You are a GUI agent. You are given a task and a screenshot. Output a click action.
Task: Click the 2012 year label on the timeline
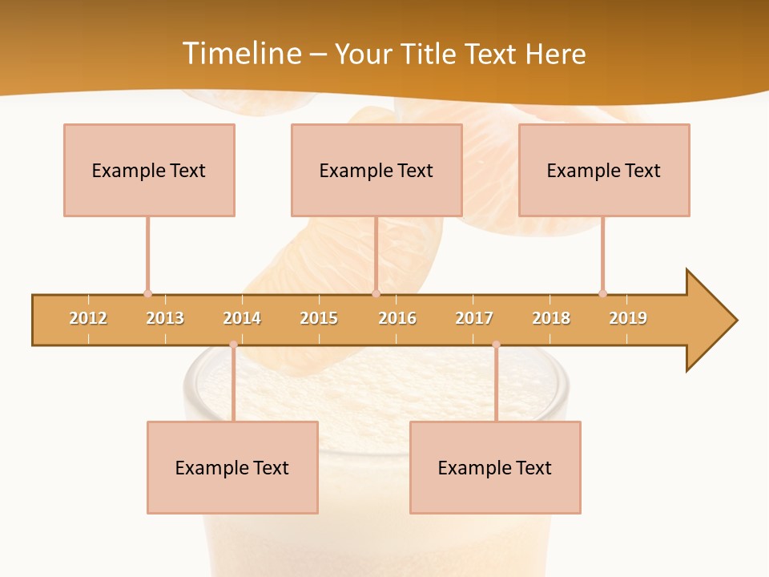pos(88,318)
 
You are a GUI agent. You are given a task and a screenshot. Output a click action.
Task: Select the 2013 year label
pos(165,318)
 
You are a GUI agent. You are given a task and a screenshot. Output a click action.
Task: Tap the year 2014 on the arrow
pos(242,318)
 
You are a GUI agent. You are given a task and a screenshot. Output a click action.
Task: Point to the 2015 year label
pos(319,318)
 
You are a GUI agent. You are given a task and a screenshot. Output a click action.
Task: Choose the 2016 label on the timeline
pos(397,318)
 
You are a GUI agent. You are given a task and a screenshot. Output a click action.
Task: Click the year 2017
pos(474,318)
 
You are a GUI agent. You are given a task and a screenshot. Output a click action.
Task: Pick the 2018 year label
pos(551,318)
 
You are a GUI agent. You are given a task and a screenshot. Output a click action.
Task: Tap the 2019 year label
pos(628,318)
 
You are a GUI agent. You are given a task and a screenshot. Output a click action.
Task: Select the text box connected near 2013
pos(149,170)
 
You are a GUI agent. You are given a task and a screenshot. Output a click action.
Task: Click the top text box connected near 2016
pos(376,170)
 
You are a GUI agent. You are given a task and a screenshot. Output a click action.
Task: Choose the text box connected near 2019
pos(604,170)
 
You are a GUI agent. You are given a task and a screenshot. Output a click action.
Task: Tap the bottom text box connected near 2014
pos(232,467)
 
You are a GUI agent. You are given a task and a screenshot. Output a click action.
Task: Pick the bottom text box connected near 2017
pos(495,467)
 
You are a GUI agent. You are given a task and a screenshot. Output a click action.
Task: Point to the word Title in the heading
pos(429,54)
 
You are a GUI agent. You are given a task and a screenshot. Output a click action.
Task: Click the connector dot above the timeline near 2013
pos(147,293)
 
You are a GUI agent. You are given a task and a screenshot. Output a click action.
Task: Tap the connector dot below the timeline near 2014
pos(233,345)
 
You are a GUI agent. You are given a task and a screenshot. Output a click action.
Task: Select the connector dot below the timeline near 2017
pos(496,345)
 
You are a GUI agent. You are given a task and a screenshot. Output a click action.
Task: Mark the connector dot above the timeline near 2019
pos(602,293)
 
